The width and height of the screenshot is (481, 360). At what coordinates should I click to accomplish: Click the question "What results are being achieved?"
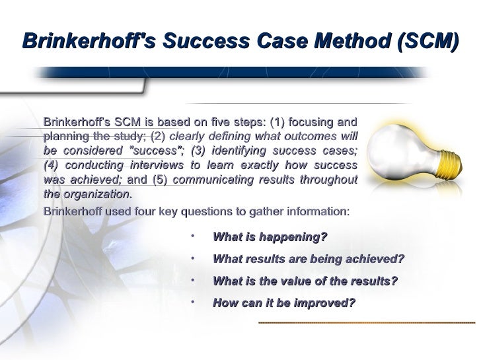click(308, 259)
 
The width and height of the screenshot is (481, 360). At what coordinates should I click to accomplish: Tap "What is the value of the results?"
click(305, 281)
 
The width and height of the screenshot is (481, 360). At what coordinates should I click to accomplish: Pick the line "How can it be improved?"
click(283, 303)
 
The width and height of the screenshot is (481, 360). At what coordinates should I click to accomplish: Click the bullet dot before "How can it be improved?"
click(190, 301)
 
